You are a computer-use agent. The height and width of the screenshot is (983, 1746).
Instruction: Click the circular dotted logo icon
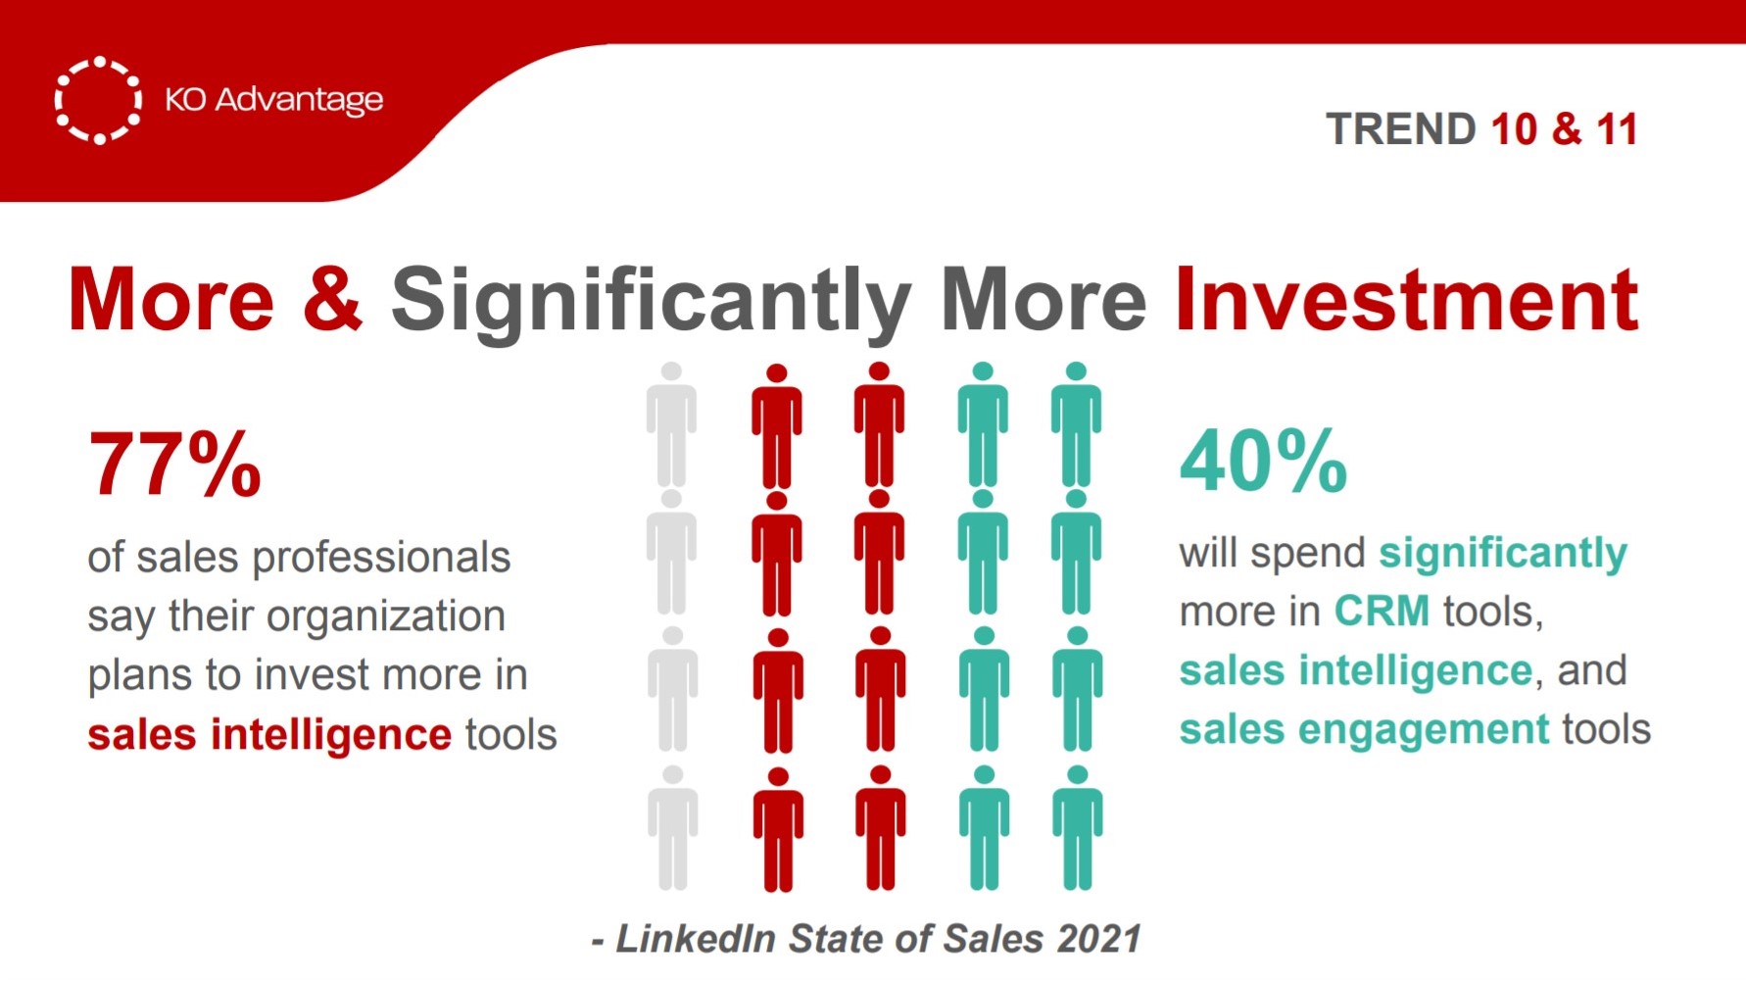coord(98,100)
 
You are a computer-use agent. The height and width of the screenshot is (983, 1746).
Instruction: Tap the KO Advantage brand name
coord(273,100)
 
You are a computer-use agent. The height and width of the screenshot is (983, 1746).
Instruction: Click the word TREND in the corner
coord(1401,129)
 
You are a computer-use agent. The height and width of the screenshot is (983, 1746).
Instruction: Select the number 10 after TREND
coord(1513,129)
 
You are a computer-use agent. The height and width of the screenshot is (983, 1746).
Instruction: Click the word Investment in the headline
coord(1406,299)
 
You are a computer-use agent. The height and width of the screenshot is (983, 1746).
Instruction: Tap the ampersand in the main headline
coord(332,299)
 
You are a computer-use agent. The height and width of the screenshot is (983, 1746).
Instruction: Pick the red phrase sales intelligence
coord(269,734)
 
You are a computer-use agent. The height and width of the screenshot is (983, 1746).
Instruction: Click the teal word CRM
coord(1382,612)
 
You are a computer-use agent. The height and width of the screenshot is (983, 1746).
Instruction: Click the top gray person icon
coord(671,424)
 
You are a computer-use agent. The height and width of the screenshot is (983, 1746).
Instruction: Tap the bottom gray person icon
coord(672,828)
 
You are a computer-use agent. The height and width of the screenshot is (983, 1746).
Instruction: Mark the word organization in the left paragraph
coord(386,617)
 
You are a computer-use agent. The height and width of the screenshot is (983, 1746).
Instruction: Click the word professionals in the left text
coord(381,559)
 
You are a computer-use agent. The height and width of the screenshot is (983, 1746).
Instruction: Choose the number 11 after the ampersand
coord(1617,129)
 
